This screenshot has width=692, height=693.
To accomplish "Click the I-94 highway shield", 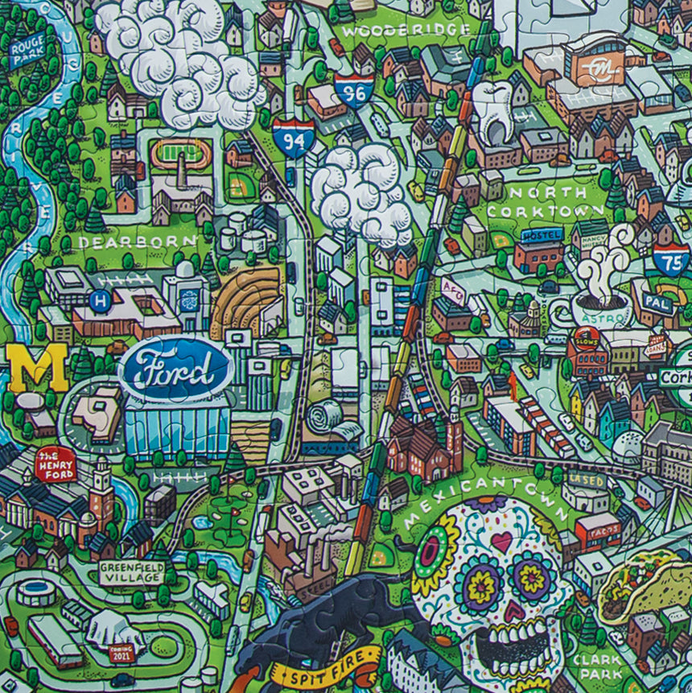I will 293,138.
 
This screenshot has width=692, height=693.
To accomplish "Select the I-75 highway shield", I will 670,258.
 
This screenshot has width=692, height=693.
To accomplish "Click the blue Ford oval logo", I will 176,370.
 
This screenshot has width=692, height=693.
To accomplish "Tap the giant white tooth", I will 492,112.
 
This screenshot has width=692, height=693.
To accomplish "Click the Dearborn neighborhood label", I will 137,241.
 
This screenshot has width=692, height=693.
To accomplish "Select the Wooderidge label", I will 406,31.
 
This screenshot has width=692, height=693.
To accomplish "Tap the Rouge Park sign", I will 28,50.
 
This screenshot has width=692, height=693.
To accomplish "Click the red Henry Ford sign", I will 56,464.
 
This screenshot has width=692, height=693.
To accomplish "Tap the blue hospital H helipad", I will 101,303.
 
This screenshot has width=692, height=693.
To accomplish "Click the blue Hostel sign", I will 541,234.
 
